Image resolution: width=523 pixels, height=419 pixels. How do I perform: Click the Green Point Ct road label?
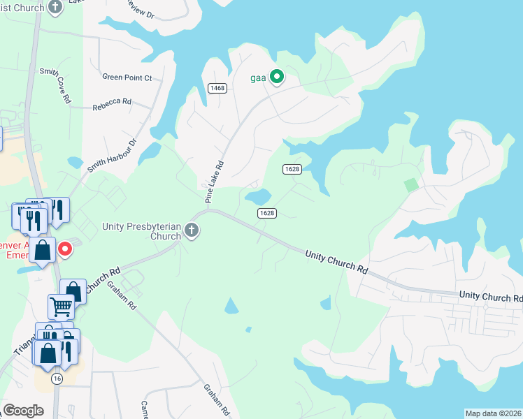pyautogui.click(x=127, y=78)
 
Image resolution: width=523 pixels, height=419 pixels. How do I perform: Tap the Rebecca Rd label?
pyautogui.click(x=112, y=101)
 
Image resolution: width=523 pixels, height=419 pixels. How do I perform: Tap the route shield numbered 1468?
pyautogui.click(x=217, y=87)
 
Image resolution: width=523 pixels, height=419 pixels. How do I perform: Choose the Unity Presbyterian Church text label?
pyautogui.click(x=143, y=231)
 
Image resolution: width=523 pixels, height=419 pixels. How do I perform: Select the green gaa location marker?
pyautogui.click(x=277, y=77)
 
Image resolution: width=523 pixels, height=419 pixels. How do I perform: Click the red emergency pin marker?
pyautogui.click(x=64, y=249)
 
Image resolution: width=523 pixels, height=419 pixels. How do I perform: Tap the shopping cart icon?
pyautogui.click(x=61, y=305)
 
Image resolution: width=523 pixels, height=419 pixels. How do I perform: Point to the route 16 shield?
pyautogui.click(x=57, y=378)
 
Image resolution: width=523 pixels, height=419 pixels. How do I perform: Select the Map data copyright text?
pyautogui.click(x=493, y=413)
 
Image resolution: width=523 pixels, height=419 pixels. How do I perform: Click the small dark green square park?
pyautogui.click(x=411, y=184)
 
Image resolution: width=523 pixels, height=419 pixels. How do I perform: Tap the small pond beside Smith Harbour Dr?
pyautogui.click(x=75, y=163)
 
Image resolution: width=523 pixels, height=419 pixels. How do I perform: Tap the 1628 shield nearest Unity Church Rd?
pyautogui.click(x=266, y=213)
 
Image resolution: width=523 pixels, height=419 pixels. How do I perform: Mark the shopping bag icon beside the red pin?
pyautogui.click(x=43, y=250)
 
